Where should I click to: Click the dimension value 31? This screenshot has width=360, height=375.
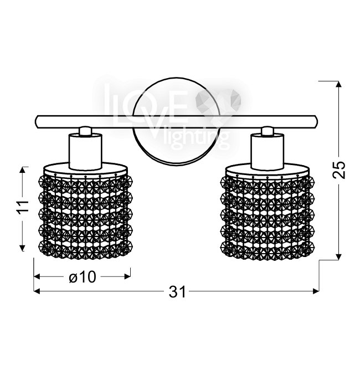(x=177, y=292)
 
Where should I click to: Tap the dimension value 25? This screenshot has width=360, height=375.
(x=339, y=170)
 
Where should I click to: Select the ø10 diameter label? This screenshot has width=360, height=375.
(x=83, y=277)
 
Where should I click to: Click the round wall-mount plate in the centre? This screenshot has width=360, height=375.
(x=176, y=121)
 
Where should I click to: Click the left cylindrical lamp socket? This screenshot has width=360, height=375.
(x=85, y=152)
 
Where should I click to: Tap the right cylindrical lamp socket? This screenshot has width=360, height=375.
(x=268, y=152)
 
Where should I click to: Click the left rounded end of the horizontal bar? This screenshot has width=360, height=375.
(x=38, y=122)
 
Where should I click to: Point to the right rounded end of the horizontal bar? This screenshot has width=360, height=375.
(x=315, y=122)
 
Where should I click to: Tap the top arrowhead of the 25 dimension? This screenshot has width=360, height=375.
(x=338, y=84)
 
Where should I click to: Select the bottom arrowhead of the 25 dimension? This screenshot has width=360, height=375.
(x=338, y=256)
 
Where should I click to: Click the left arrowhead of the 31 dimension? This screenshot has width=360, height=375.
(x=37, y=291)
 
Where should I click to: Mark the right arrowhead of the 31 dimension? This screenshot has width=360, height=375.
(x=316, y=291)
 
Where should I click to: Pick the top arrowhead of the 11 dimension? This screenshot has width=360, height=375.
(x=22, y=170)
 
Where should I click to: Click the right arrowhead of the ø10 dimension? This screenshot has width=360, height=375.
(x=127, y=277)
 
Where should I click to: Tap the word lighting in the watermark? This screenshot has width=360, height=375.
(x=198, y=140)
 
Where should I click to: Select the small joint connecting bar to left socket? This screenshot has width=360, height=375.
(x=85, y=131)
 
